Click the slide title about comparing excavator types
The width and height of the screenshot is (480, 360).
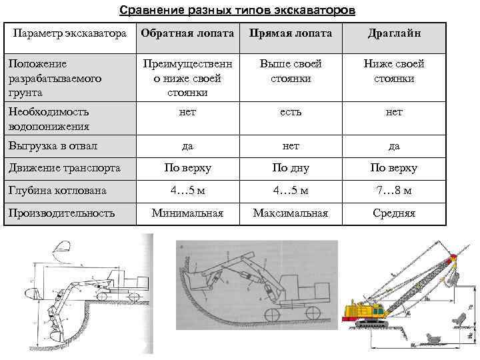(x=237, y=11)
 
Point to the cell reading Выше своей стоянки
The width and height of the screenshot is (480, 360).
(x=291, y=71)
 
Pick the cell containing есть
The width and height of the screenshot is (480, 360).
(x=291, y=112)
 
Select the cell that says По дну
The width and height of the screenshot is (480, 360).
(x=291, y=168)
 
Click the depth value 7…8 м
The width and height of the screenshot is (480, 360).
(x=394, y=191)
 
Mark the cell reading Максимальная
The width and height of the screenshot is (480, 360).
(x=291, y=213)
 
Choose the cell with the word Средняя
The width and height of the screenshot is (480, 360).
(x=394, y=213)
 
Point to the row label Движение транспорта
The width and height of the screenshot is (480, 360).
(x=64, y=168)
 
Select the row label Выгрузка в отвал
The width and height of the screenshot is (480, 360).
(x=53, y=145)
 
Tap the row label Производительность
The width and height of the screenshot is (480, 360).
(x=61, y=213)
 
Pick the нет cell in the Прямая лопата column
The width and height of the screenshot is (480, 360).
(x=291, y=145)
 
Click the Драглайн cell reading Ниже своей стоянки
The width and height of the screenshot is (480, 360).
(x=394, y=71)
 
